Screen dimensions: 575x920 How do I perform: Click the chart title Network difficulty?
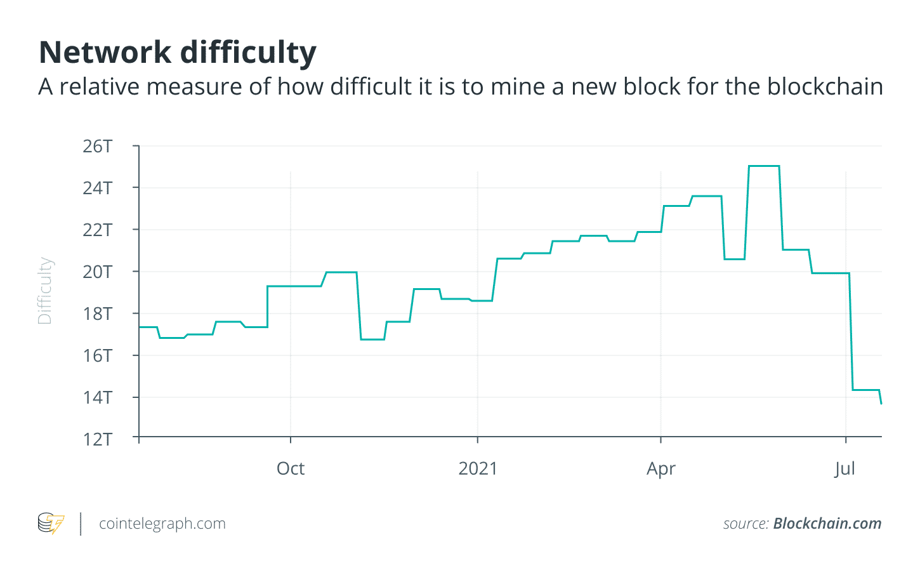tap(178, 53)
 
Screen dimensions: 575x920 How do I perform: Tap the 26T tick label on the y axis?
tap(97, 147)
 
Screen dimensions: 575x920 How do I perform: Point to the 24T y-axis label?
tap(97, 188)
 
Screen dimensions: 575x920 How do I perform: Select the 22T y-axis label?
tap(97, 230)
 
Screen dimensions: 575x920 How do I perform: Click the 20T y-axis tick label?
tap(97, 272)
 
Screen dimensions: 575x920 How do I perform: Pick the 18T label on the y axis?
tap(97, 314)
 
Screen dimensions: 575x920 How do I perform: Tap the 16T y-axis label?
tap(97, 355)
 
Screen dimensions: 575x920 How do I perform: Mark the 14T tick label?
tap(97, 397)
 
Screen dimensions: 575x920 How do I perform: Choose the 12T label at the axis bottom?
tap(97, 439)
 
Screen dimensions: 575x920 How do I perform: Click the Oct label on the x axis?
tap(291, 468)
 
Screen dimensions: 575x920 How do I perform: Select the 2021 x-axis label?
tap(478, 468)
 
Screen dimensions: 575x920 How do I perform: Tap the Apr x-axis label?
tap(661, 468)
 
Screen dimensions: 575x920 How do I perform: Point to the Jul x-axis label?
tap(845, 468)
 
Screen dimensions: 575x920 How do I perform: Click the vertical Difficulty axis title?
tap(44, 291)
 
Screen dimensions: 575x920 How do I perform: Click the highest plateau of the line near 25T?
tap(764, 166)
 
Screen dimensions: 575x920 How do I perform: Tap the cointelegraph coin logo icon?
tap(51, 524)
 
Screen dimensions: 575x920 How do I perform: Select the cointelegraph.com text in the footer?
tap(162, 524)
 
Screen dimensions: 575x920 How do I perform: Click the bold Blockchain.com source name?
tap(827, 524)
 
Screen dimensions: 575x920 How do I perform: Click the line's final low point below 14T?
tap(881, 403)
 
